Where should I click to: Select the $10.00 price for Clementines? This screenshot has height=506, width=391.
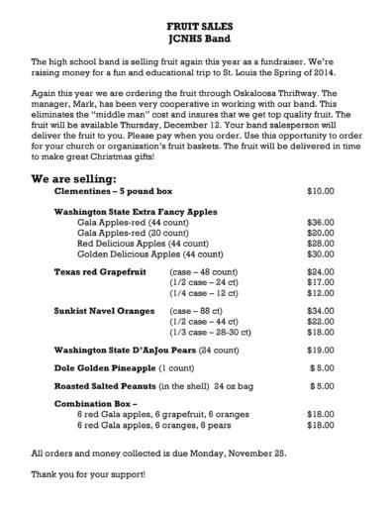pos(321,190)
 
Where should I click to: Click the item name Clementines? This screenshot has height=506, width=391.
pos(85,190)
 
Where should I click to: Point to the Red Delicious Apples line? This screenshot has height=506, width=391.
pos(129,243)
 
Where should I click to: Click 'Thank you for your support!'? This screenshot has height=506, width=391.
pos(88,474)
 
